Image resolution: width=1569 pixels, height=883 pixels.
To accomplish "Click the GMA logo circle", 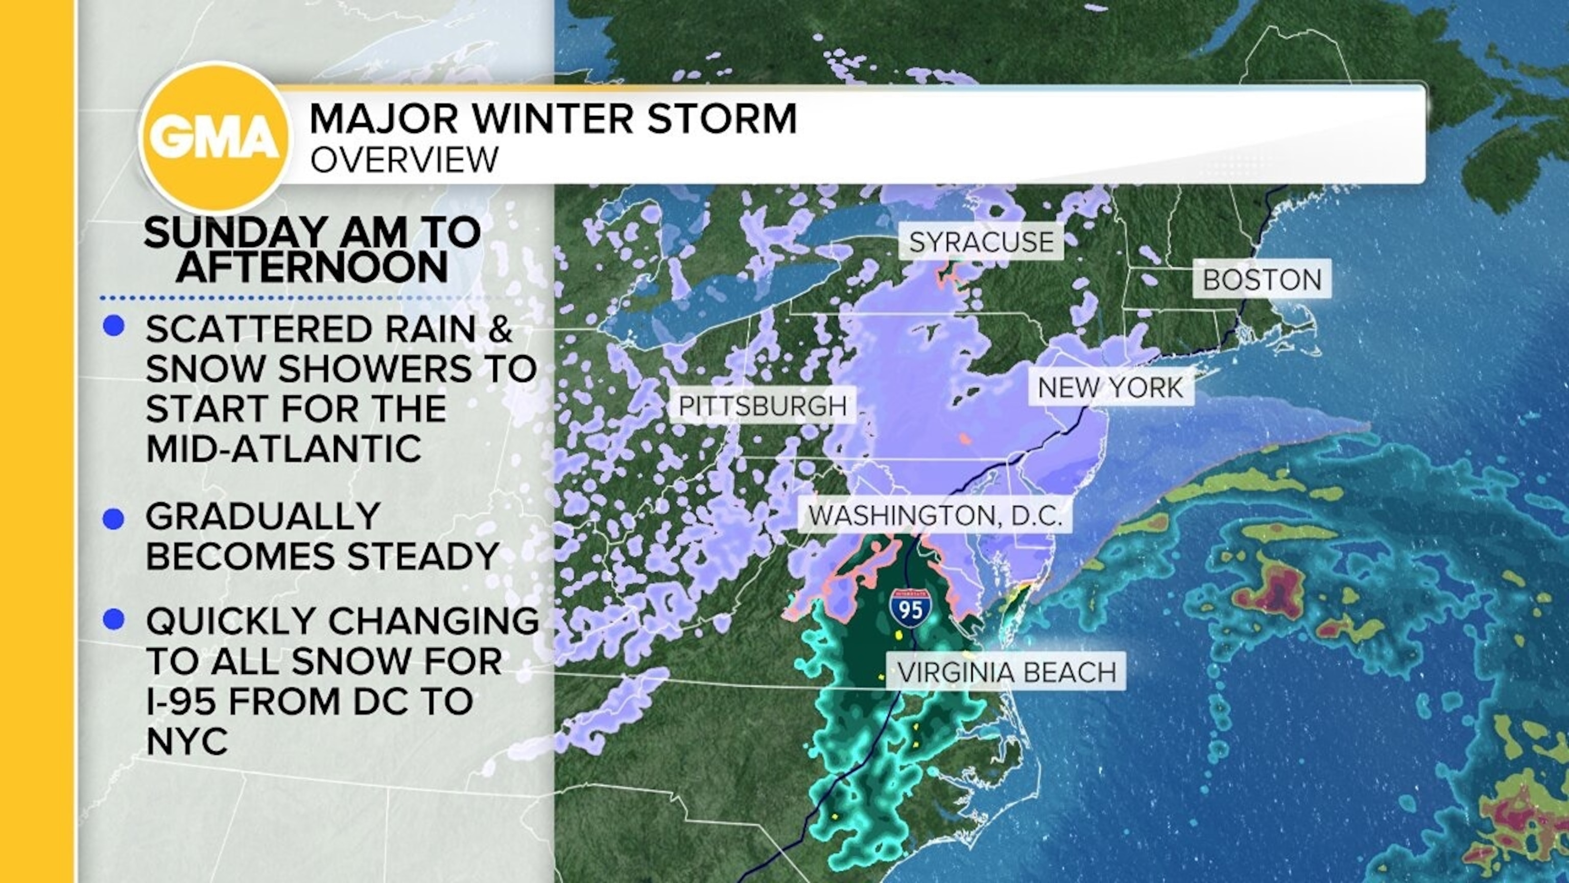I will (215, 138).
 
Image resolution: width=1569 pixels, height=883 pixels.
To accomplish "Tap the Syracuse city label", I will (981, 242).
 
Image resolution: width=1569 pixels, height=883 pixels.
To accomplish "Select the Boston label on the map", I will (1262, 280).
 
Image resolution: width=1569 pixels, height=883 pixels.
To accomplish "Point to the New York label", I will (1110, 387).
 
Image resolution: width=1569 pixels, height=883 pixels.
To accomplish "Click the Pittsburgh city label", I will (763, 406).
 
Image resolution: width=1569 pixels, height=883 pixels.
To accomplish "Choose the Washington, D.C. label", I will (935, 516).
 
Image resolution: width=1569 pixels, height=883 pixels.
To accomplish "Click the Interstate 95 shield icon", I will (911, 608).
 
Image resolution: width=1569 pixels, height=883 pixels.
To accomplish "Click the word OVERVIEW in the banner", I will (405, 159).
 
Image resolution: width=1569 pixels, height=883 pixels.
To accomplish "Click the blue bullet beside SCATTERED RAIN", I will (114, 327).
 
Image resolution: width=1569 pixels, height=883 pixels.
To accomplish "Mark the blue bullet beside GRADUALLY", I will (114, 519).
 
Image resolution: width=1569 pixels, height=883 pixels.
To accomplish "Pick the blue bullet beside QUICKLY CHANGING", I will (114, 620).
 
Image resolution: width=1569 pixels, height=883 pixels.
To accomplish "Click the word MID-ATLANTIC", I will (284, 449).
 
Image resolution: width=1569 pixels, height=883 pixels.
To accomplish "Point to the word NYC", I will (187, 741).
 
